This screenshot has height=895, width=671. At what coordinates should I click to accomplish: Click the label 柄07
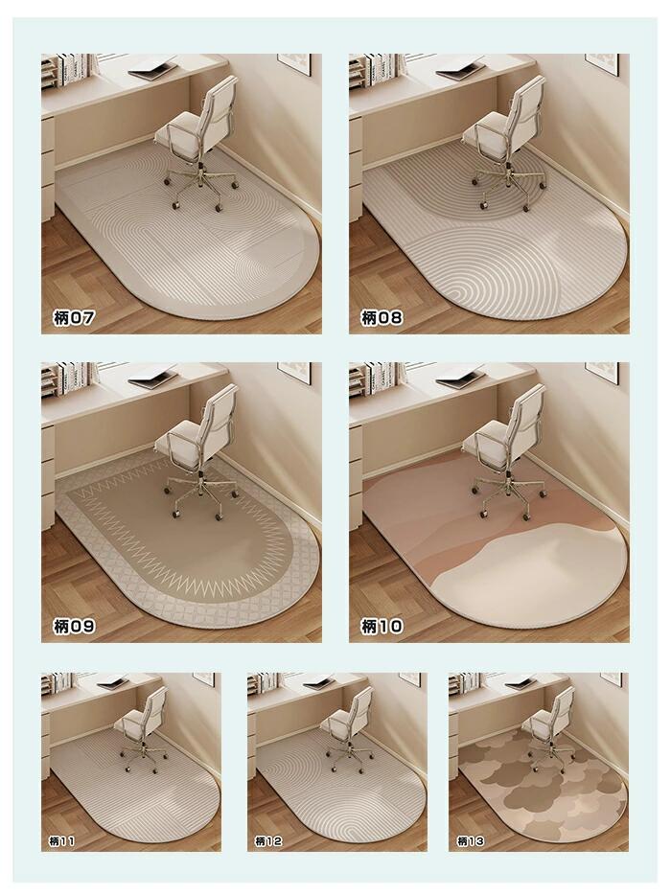coord(74,317)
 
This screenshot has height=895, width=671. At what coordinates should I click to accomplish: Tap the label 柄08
coord(382,317)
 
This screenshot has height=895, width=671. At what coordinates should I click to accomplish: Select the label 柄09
coord(74,626)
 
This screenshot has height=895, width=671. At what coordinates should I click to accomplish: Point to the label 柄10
coord(382,626)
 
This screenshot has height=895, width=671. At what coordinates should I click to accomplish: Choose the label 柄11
coord(61,840)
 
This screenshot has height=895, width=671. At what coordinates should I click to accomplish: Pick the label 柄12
coord(267,840)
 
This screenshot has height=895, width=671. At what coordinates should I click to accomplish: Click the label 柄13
coord(471,840)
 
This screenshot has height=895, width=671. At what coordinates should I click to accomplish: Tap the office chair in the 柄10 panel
coord(505,451)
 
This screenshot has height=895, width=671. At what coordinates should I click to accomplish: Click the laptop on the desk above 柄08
coord(461,71)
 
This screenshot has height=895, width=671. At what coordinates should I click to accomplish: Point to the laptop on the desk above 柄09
coord(153,379)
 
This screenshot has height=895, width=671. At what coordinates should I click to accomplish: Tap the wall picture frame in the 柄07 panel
coord(294,63)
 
